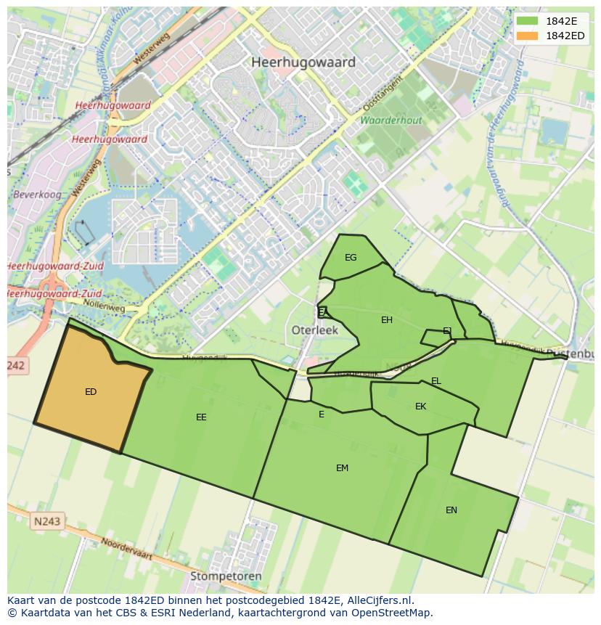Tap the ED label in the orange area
[x=91, y=392]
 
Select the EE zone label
[x=201, y=417]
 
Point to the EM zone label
[x=342, y=468]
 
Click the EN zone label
[x=451, y=510]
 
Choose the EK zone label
[x=420, y=407]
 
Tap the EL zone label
[x=436, y=381]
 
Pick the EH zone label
[x=387, y=320]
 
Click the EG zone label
[x=351, y=258]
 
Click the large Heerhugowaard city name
[x=303, y=62]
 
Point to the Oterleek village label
[x=315, y=330]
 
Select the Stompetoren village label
[x=226, y=576]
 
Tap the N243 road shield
[x=47, y=521]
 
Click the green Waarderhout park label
[x=391, y=120]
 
